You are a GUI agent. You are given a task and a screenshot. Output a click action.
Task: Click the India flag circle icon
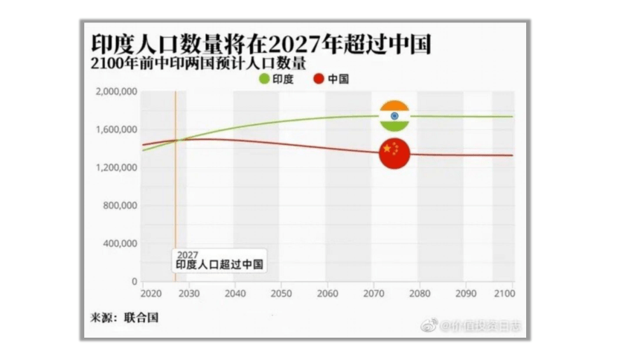[394, 115]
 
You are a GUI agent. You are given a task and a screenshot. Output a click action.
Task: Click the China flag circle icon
[394, 152]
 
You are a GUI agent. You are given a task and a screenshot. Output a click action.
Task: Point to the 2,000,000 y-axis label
[117, 91]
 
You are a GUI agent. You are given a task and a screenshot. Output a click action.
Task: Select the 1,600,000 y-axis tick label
[117, 129]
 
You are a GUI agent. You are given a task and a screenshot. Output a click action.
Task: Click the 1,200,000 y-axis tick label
[117, 167]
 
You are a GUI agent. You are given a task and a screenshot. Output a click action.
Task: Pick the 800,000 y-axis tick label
[121, 205]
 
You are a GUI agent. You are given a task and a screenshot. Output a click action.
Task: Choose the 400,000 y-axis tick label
[121, 243]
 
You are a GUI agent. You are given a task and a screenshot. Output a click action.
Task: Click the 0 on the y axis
[134, 282]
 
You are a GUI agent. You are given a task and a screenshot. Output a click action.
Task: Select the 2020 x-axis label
[151, 294]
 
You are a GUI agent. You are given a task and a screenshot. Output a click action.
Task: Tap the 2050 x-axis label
[281, 294]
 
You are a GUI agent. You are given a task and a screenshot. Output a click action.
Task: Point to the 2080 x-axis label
[420, 294]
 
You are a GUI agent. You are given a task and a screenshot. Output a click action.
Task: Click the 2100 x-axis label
[503, 294]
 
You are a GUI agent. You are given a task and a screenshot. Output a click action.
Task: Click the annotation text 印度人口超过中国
[220, 264]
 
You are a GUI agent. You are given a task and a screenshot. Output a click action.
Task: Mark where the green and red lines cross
[176, 140]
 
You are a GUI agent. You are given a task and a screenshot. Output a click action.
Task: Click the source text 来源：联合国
[121, 318]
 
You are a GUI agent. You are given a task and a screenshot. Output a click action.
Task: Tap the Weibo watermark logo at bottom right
[430, 325]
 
